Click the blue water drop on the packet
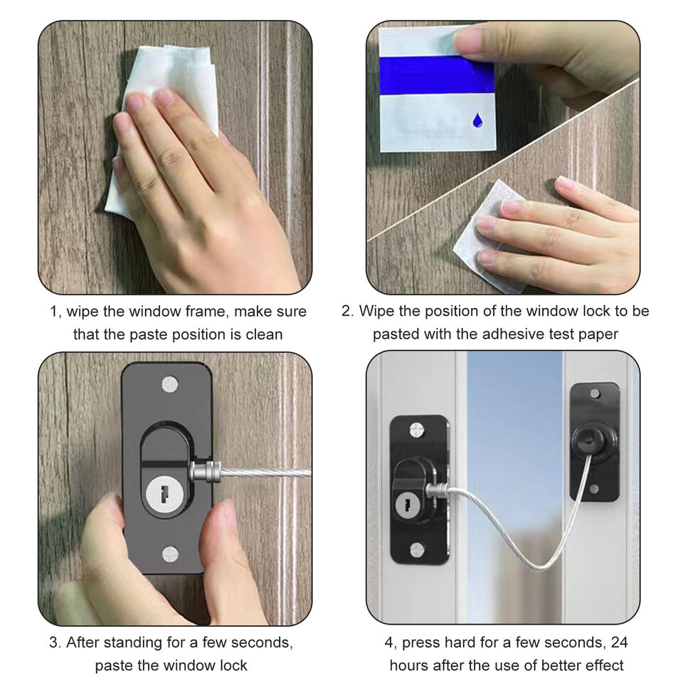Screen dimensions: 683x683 (x=477, y=120)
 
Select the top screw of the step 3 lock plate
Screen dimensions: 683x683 (x=169, y=385)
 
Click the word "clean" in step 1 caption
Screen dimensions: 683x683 (x=263, y=334)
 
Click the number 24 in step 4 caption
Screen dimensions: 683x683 (x=620, y=642)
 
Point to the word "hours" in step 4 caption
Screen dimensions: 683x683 (x=409, y=665)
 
